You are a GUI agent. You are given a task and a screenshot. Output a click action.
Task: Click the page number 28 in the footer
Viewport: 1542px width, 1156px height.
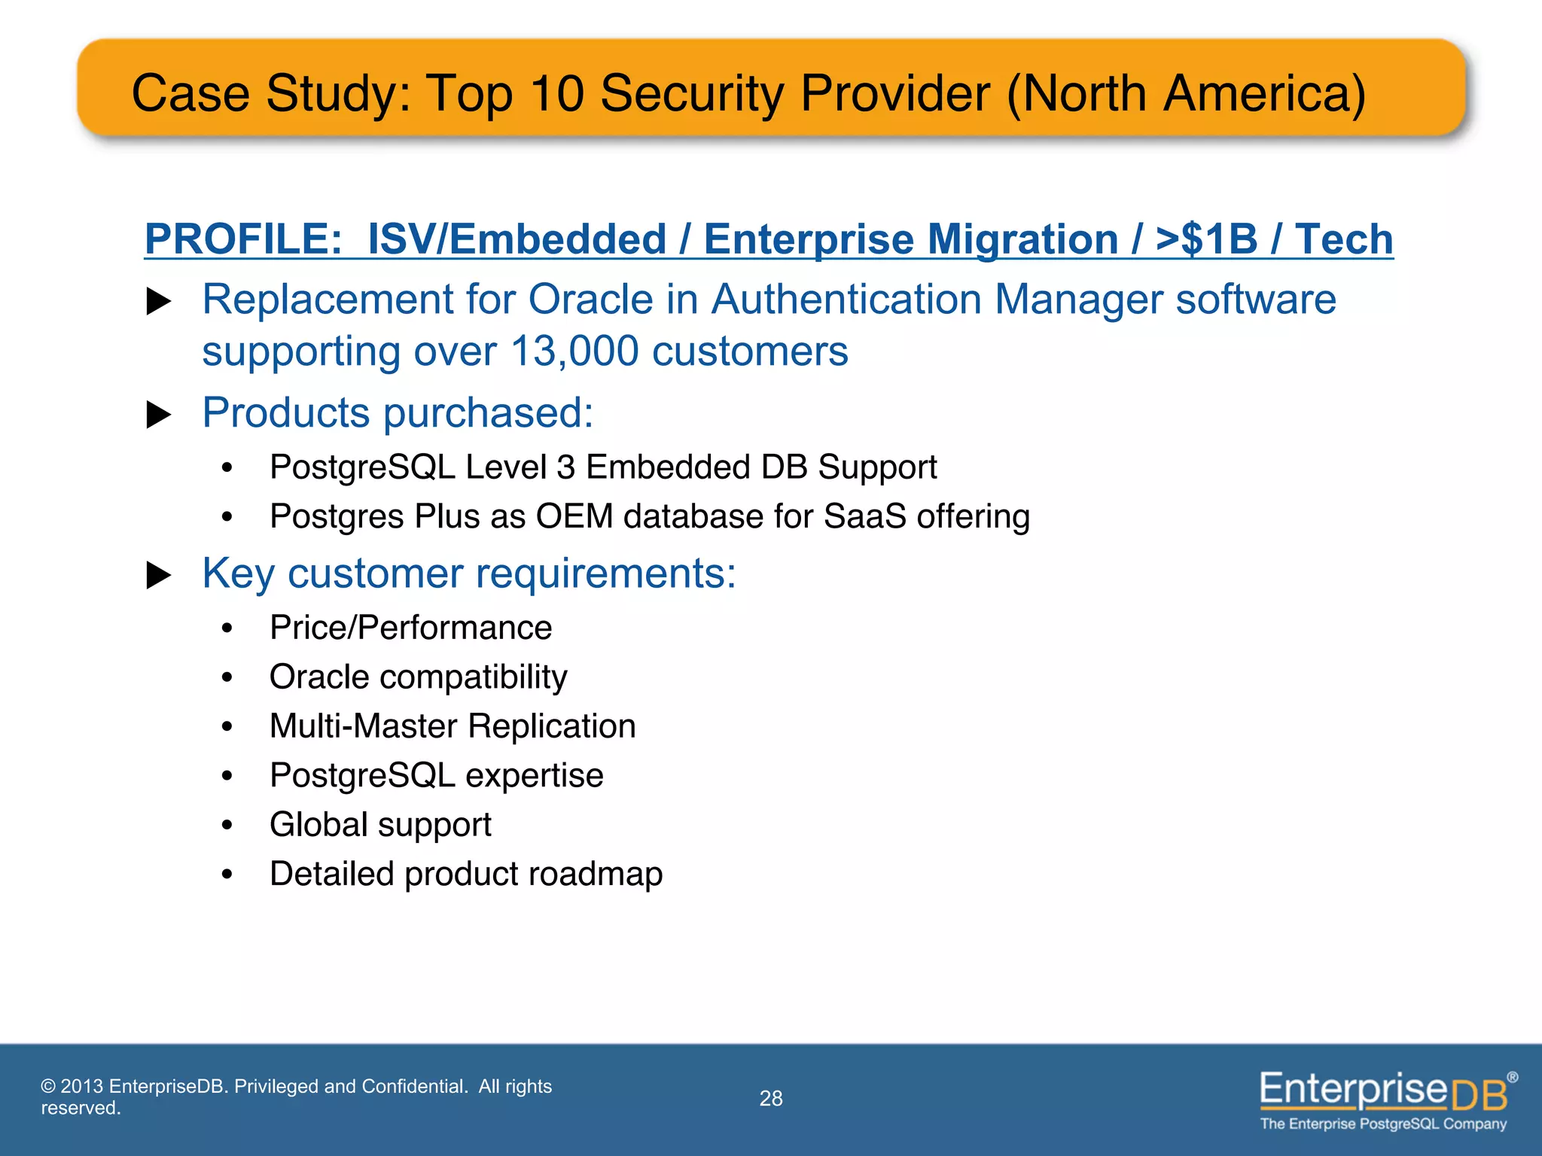(x=771, y=1099)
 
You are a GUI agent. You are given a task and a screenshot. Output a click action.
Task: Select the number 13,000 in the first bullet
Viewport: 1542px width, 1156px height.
(x=574, y=351)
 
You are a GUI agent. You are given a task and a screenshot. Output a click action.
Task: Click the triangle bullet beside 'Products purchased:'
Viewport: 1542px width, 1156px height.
(x=158, y=414)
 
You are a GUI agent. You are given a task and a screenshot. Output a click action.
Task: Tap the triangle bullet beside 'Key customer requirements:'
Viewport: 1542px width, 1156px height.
(x=158, y=575)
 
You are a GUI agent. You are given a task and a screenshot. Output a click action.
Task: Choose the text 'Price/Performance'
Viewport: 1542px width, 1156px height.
(x=410, y=628)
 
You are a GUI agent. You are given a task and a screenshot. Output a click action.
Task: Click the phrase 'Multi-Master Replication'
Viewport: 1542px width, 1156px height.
(x=453, y=726)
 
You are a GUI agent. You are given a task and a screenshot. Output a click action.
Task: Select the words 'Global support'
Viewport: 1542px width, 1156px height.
(x=380, y=825)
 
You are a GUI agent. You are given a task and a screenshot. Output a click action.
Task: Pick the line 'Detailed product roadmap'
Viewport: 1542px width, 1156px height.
(x=466, y=874)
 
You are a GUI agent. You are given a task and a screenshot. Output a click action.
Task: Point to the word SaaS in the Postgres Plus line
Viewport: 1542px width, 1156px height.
(x=865, y=517)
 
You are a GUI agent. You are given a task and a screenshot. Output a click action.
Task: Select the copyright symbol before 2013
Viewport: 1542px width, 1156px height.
(x=48, y=1087)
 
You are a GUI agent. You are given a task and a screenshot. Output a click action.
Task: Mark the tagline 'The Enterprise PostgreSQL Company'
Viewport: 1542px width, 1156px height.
(x=1383, y=1124)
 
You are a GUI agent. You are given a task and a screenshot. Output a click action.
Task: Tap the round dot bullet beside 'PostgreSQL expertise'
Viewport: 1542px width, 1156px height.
(x=227, y=776)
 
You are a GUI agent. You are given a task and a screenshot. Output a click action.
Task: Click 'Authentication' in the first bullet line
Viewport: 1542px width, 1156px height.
(x=846, y=300)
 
